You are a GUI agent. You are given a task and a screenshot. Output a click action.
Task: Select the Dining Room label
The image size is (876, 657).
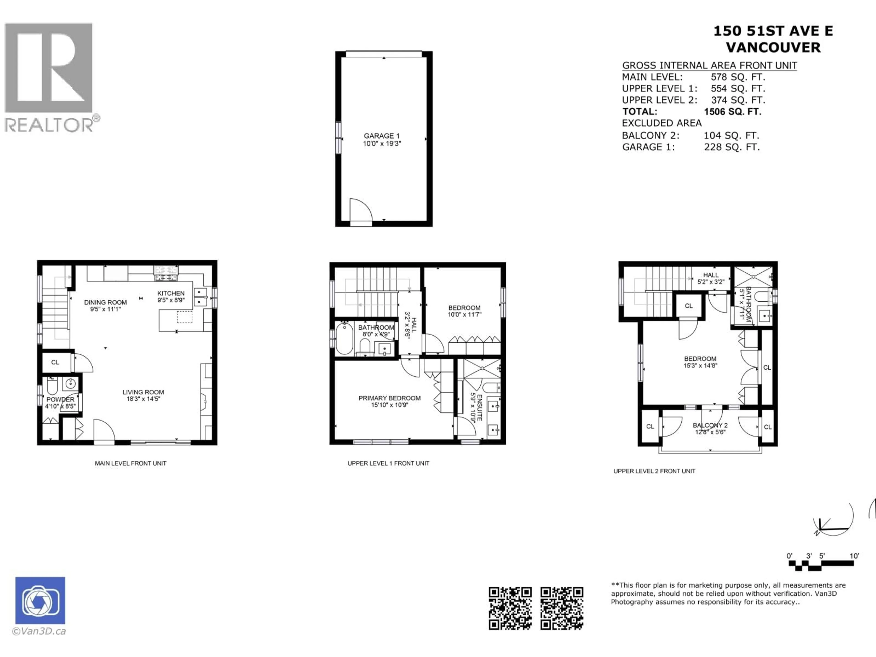point(105,302)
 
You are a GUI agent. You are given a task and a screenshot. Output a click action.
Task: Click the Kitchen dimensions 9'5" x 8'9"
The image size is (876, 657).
point(171,300)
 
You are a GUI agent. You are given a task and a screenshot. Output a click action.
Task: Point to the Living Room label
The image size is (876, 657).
point(143,392)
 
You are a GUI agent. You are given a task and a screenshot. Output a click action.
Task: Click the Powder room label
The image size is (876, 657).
point(60,399)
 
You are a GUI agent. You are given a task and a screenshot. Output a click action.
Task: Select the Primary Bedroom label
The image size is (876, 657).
point(389,398)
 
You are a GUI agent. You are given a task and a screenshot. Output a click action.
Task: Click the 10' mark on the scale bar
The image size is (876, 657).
point(854,556)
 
